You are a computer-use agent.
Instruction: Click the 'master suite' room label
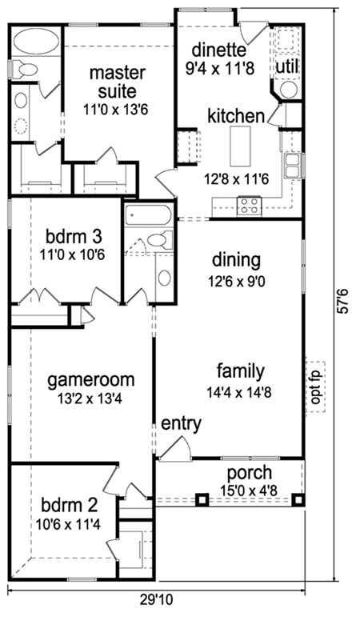(118, 82)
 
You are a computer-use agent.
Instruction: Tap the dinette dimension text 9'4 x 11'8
(219, 68)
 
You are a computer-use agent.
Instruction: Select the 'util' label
(287, 66)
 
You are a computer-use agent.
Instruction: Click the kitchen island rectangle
(240, 146)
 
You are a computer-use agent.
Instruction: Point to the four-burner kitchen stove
(249, 206)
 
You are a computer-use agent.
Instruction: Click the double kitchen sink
(293, 166)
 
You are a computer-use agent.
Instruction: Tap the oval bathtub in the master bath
(36, 41)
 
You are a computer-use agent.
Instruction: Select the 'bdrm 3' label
(74, 238)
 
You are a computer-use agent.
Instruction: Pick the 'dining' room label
(236, 260)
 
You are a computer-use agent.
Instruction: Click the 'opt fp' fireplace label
(315, 387)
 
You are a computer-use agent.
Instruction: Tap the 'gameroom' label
(91, 380)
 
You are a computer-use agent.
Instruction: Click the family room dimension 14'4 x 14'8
(240, 392)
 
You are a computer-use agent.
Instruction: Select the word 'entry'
(182, 424)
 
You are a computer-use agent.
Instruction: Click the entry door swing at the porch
(176, 447)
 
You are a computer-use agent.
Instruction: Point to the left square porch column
(202, 499)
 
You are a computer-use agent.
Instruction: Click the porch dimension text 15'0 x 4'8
(249, 491)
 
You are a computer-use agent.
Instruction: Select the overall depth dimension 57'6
(343, 302)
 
